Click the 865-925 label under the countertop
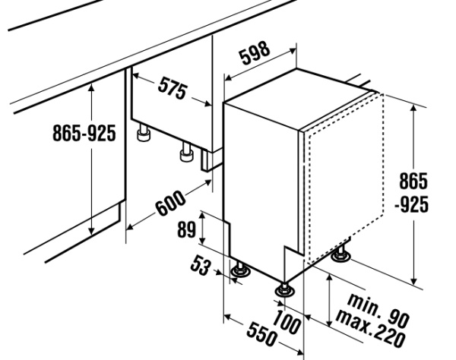[x=84, y=134]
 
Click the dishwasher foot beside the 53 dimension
[x=241, y=270]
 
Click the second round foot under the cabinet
[x=185, y=153]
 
